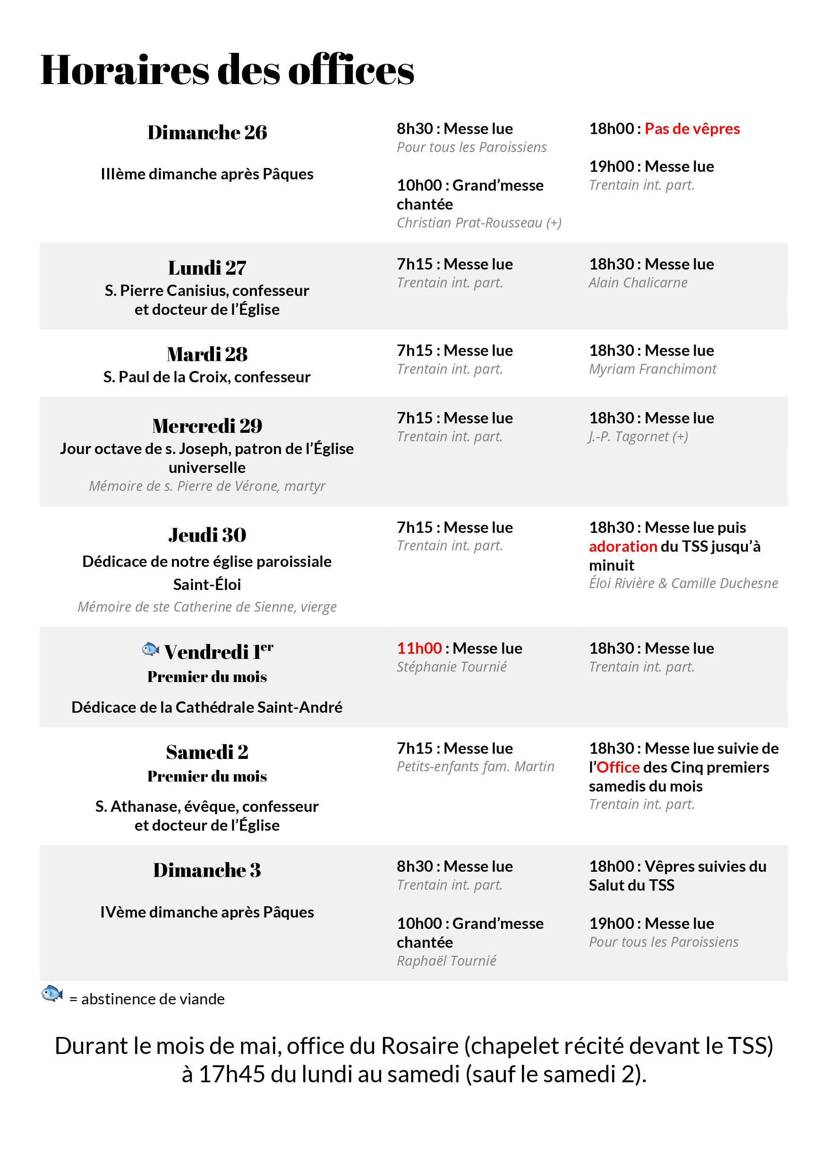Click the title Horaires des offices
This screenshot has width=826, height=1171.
227,70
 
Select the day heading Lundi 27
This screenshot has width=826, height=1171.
207,268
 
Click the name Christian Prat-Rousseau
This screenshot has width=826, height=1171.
469,223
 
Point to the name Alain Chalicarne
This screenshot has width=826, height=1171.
638,283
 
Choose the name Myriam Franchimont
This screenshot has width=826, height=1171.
652,369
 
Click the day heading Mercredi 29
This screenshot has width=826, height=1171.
207,426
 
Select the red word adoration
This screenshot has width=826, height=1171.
622,546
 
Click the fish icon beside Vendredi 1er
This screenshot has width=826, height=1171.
150,649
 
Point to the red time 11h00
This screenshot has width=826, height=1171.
419,648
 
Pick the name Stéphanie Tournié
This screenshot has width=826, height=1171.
451,666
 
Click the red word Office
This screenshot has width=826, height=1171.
618,767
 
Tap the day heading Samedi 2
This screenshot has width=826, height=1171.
207,752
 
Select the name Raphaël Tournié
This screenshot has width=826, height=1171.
446,961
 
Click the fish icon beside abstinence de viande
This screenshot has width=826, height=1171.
51,994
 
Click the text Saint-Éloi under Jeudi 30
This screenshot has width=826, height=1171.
207,584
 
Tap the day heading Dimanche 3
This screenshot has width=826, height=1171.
207,870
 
